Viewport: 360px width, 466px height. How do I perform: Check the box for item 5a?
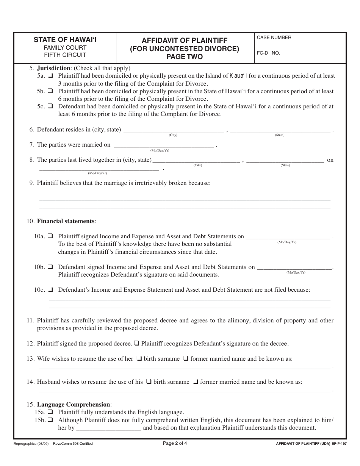pos(50,76)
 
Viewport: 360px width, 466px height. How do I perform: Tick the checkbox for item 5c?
pos(50,106)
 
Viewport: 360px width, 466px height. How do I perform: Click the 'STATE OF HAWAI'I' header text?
pos(65,39)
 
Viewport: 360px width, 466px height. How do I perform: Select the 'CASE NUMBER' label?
pos(274,38)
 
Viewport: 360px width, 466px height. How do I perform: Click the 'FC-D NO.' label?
pos(268,53)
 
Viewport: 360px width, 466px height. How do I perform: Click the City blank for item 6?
pos(173,130)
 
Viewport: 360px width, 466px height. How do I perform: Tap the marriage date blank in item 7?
pos(164,145)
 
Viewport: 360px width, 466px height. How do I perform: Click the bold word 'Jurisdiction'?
pos(53,68)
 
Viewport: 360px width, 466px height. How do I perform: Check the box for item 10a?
pos(50,236)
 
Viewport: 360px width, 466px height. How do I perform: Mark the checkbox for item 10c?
pos(50,290)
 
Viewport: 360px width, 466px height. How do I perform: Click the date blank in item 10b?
pos(295,267)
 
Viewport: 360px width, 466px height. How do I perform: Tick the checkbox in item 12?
pos(137,344)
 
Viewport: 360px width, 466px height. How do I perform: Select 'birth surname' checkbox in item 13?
pos(139,358)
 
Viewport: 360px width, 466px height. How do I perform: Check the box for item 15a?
pos(50,412)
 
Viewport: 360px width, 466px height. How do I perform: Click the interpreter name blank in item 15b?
pos(109,428)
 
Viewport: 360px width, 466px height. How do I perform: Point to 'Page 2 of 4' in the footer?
pos(175,443)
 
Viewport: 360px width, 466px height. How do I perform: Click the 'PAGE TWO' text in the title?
pos(185,57)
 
